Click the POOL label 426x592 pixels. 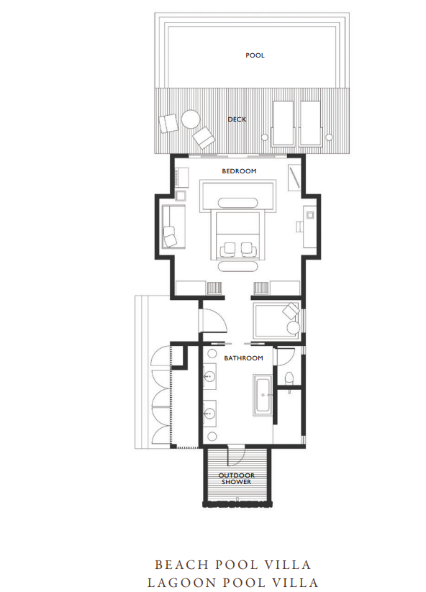[x=255, y=55]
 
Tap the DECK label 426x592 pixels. [x=237, y=119]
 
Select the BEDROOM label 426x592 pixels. [x=239, y=171]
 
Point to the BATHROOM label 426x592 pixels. [x=244, y=358]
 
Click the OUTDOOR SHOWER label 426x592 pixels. [x=237, y=479]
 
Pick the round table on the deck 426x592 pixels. [x=191, y=119]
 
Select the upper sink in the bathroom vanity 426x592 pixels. [x=209, y=376]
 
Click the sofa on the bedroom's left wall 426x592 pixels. [x=173, y=227]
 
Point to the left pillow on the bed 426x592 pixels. [x=228, y=247]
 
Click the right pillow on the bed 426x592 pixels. [x=248, y=247]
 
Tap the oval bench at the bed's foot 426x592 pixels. [x=237, y=266]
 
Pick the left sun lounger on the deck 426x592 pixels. [x=283, y=123]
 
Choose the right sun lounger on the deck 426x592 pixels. [x=310, y=123]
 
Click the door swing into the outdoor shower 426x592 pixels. [x=237, y=457]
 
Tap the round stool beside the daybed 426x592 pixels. [x=293, y=328]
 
